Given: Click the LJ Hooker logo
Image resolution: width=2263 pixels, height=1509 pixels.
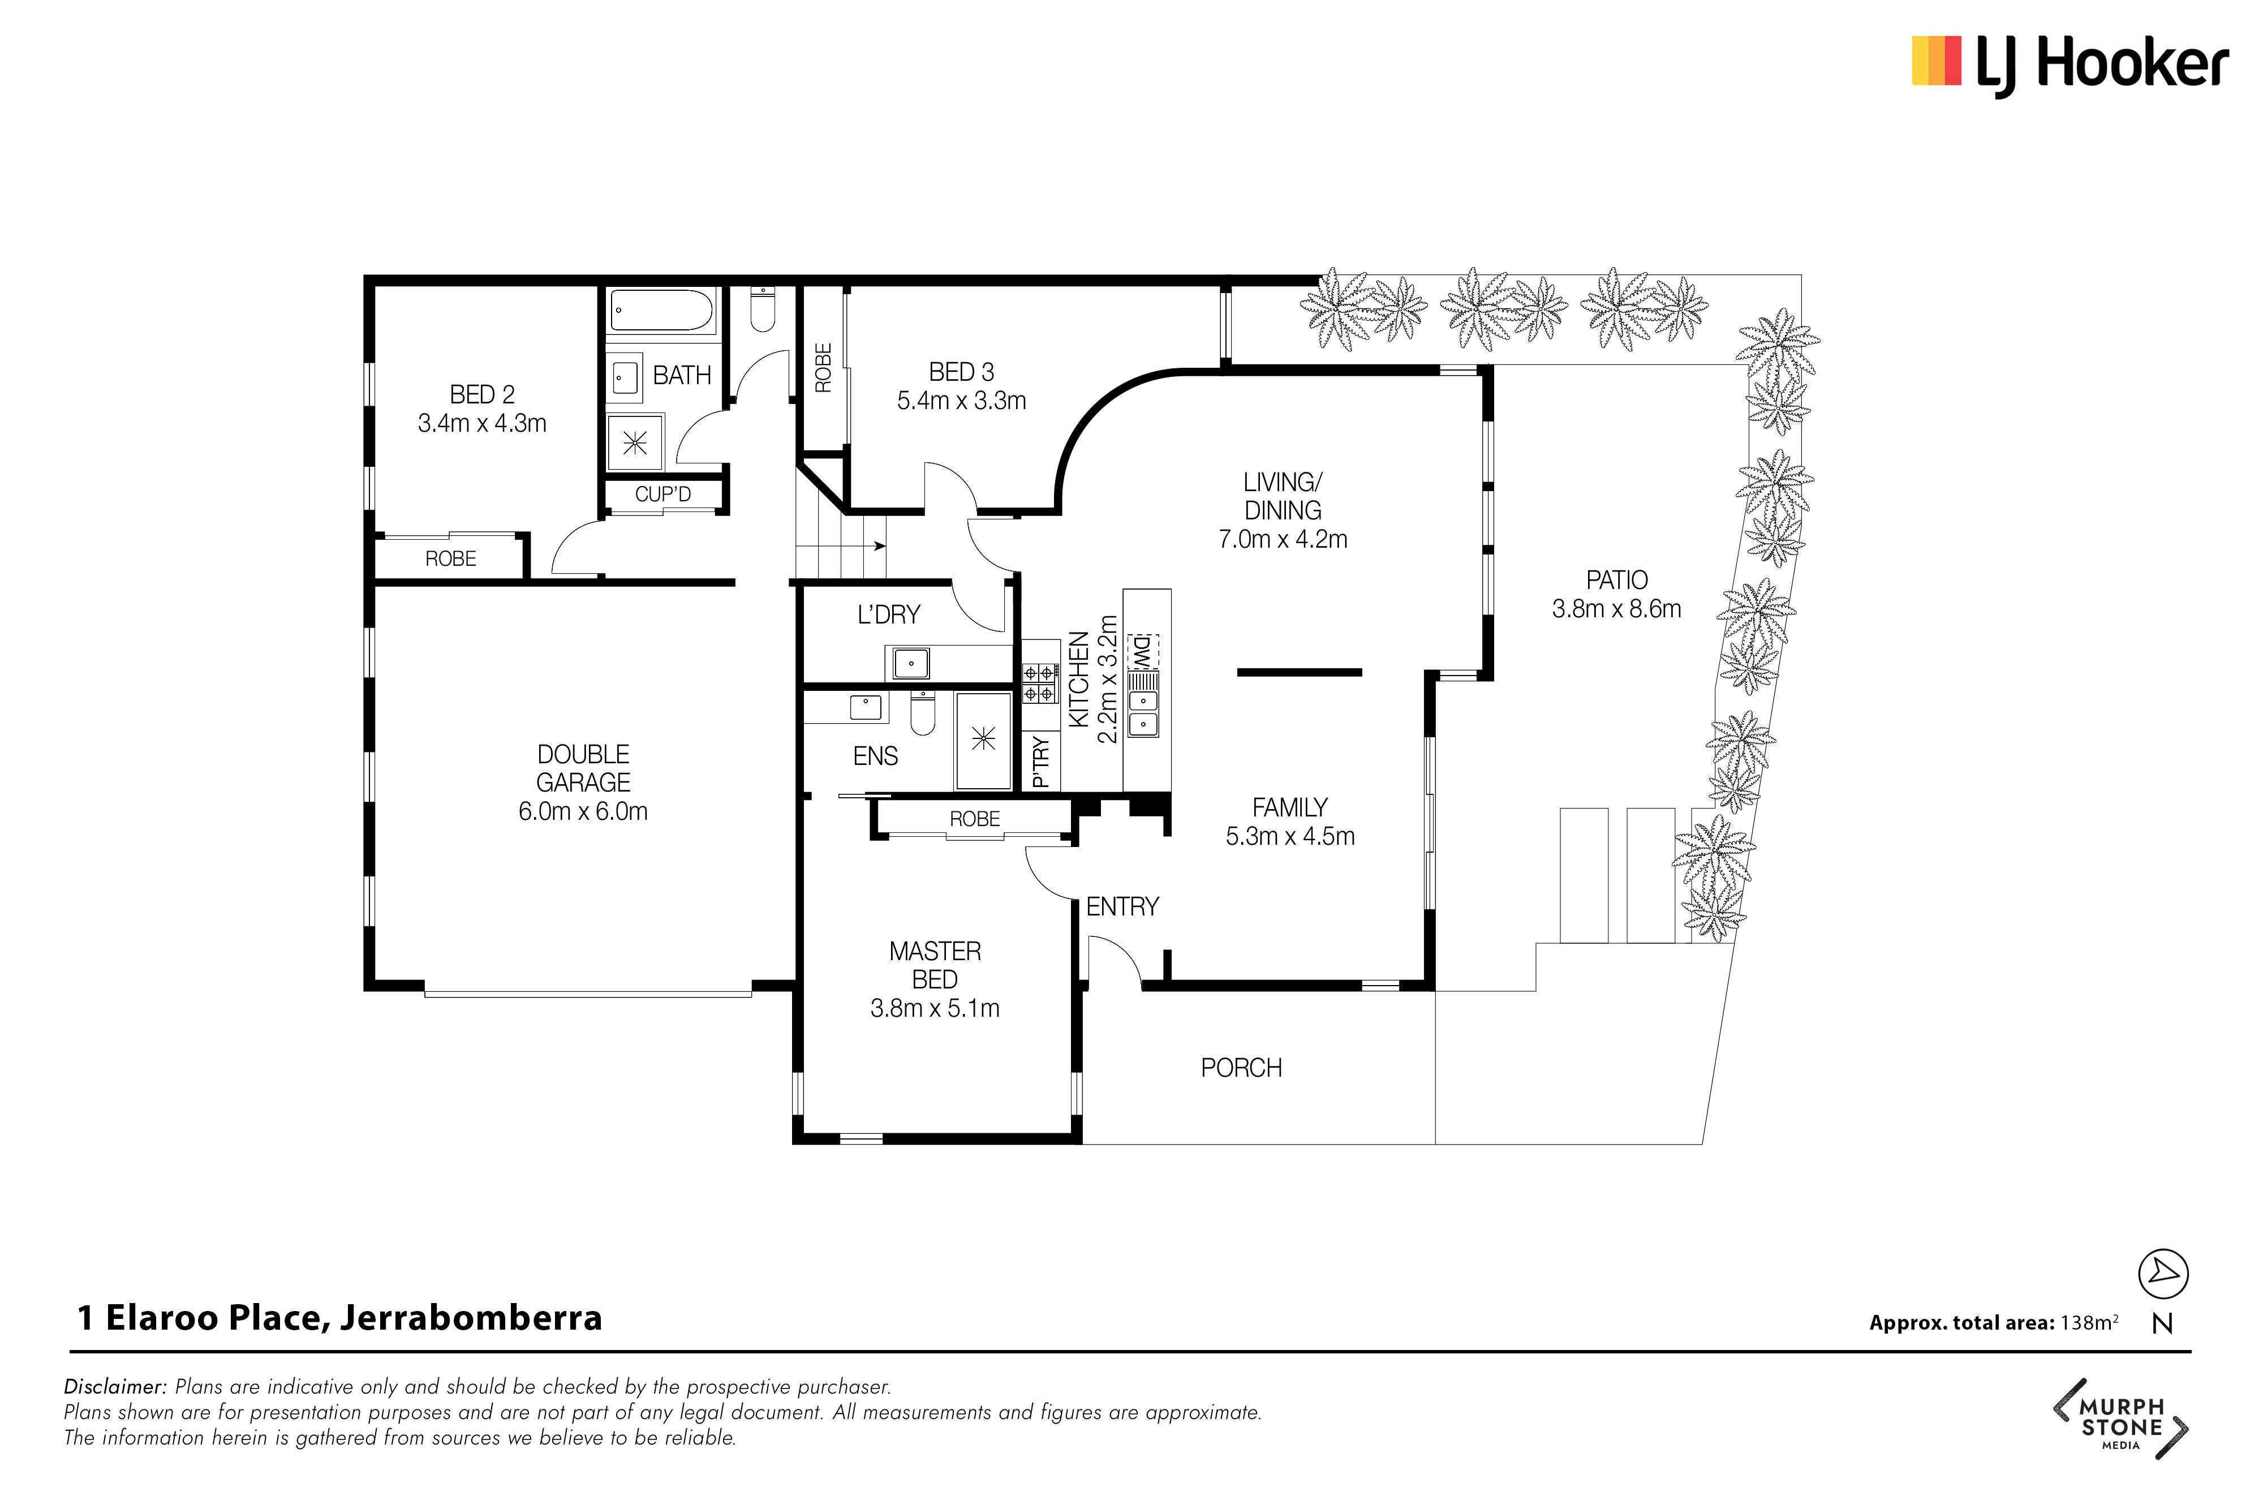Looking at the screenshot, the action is [2068, 63].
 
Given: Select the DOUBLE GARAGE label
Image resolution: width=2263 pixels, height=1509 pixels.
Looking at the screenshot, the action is [583, 768].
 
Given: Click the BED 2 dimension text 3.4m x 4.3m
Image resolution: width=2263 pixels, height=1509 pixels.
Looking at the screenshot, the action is [482, 423].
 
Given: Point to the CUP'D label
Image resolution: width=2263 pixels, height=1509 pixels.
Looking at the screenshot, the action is [663, 494].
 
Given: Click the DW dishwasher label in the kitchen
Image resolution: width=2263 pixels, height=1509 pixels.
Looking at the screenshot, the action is [1142, 652].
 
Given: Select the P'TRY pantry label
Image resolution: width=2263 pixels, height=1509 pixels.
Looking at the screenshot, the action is [1039, 762].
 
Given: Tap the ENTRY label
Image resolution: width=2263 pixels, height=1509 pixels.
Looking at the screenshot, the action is [1122, 906].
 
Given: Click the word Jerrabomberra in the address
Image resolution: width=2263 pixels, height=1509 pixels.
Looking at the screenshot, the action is [471, 1318].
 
